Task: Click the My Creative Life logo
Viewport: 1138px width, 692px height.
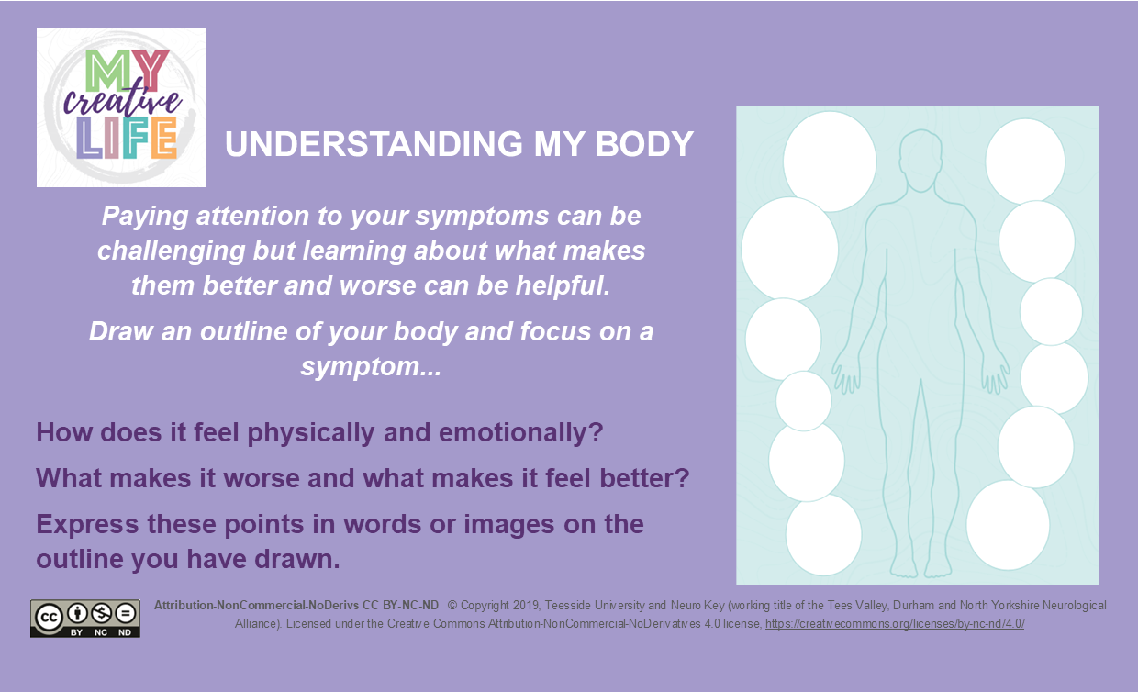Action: click(121, 107)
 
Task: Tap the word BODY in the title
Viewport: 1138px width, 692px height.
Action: click(644, 144)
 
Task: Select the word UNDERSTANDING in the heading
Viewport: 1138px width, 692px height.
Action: click(374, 144)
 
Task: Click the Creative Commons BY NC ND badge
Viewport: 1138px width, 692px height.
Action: click(85, 619)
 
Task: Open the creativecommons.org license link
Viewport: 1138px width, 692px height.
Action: click(895, 624)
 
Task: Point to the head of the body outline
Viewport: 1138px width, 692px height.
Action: click(920, 161)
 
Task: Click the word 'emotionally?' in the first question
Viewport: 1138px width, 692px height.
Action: click(520, 433)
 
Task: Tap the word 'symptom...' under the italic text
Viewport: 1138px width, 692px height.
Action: click(371, 367)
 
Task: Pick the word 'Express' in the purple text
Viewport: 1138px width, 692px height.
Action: click(87, 525)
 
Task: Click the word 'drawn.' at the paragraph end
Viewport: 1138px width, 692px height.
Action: click(297, 559)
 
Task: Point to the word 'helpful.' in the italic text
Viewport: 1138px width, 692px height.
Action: click(563, 285)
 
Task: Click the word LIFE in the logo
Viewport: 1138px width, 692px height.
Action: click(127, 138)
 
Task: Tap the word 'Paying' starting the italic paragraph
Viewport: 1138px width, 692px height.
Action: click(145, 217)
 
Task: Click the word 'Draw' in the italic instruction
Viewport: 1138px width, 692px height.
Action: click(121, 331)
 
